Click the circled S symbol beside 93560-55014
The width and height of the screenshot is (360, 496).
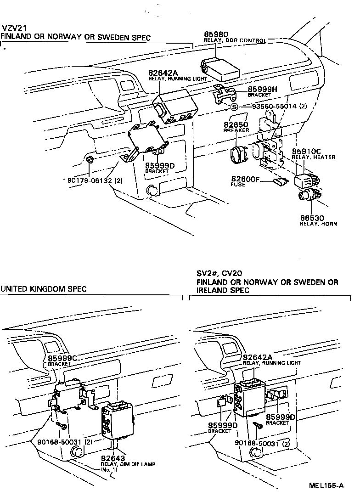tap(234, 107)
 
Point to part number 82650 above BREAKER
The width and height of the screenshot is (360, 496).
tap(236, 124)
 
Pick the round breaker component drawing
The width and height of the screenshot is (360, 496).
tap(238, 154)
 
